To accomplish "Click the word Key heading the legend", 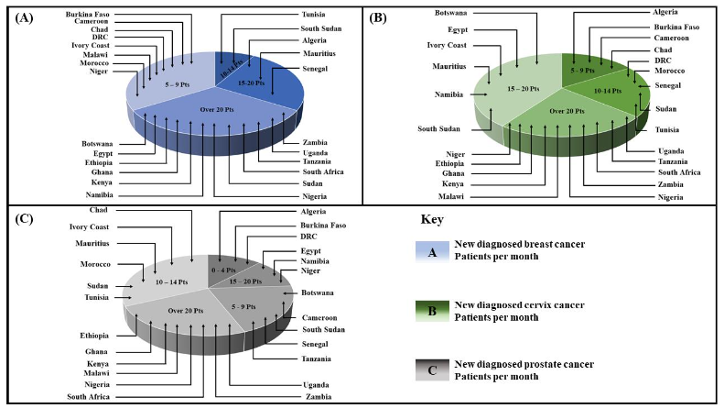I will click(x=431, y=221).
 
